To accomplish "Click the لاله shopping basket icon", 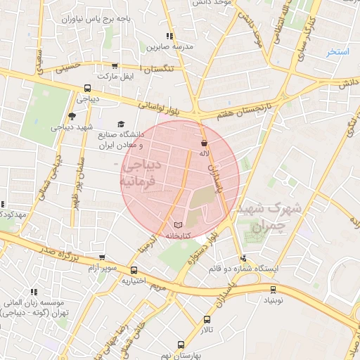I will point(204,143).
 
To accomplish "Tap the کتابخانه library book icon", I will point(176,225).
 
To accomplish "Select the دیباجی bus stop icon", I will point(87,89).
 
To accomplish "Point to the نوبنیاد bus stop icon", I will point(273,289).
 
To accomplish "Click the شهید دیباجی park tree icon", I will point(72,117).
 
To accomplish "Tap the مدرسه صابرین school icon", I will point(169,36).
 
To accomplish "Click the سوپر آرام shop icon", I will point(103,258).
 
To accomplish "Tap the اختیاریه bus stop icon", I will point(133,270).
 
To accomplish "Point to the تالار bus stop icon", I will point(206,319).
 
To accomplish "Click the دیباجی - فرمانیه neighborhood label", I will point(141,173).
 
